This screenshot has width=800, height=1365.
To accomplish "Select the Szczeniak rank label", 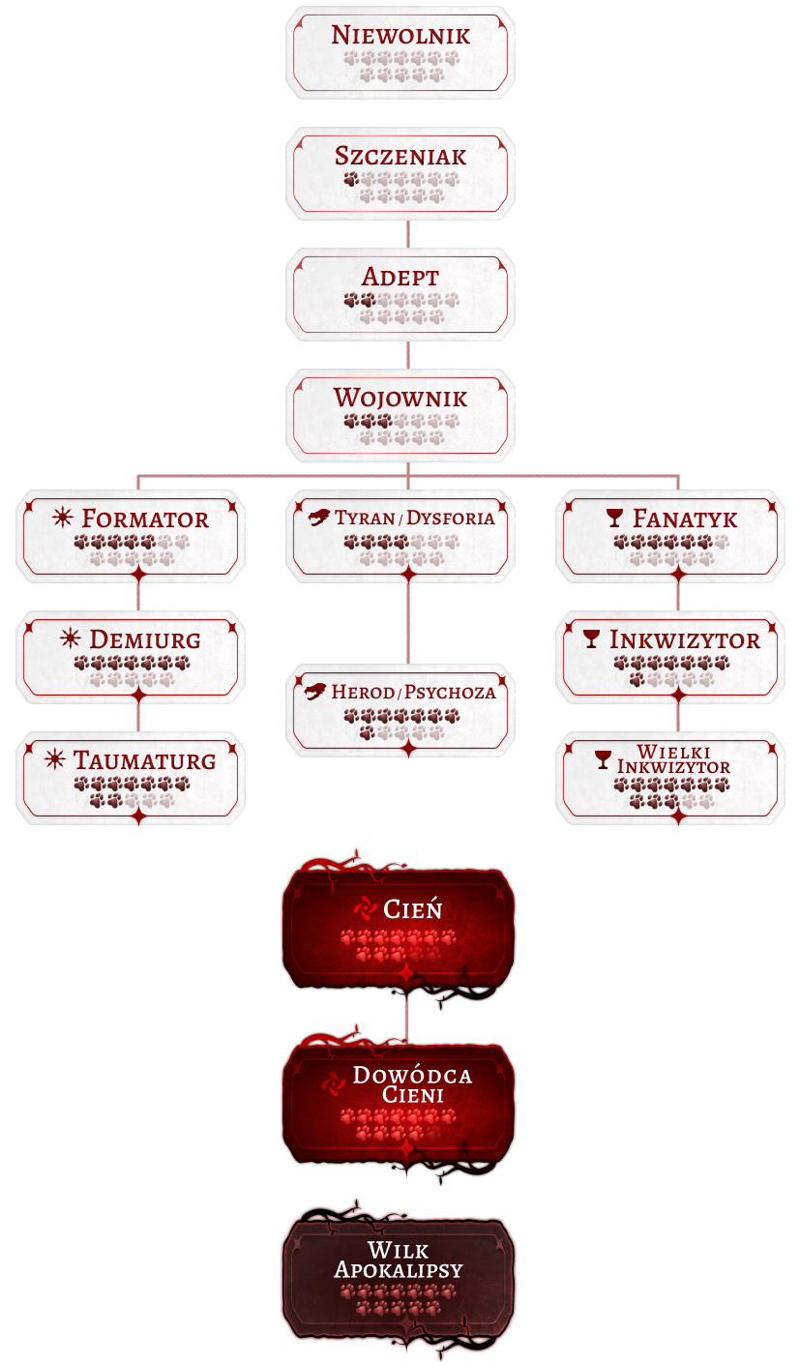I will click(400, 157).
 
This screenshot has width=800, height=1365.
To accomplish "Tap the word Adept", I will click(400, 277).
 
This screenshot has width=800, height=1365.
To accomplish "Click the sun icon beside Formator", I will click(63, 518).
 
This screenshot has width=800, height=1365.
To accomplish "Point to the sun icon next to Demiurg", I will click(71, 638).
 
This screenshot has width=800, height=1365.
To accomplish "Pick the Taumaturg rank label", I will click(144, 760).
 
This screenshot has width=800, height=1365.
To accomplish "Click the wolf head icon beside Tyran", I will click(319, 518).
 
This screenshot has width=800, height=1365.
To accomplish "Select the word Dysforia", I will click(451, 518).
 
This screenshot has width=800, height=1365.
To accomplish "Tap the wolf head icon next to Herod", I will click(315, 692).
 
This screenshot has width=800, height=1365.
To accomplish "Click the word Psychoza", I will click(450, 692).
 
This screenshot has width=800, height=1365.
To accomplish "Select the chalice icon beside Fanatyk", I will click(615, 519).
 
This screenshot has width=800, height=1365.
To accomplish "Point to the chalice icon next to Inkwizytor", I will click(592, 639).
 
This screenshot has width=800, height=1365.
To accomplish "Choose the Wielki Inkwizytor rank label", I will click(674, 759).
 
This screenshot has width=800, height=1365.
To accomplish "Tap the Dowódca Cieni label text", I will click(412, 1084).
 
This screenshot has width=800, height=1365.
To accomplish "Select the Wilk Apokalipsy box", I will click(399, 1268).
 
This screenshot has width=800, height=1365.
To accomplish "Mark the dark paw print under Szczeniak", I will click(350, 179).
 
